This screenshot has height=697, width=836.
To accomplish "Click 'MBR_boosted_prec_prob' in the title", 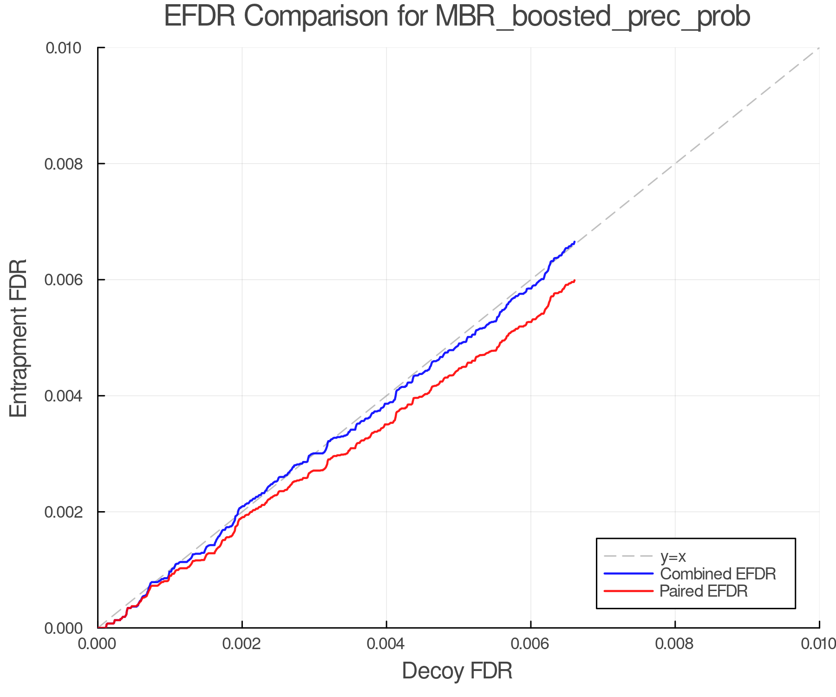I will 592,18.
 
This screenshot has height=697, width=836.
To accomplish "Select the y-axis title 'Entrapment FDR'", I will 19,338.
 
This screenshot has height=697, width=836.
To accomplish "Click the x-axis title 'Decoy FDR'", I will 457,671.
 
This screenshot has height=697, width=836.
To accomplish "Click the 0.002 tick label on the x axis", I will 242,644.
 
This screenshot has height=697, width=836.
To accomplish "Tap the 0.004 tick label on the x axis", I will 386,644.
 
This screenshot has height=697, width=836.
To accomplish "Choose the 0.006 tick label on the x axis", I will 530,644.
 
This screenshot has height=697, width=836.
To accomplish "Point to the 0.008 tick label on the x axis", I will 675,644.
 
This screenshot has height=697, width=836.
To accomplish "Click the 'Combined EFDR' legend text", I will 718,574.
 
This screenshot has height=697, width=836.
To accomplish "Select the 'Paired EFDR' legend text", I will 704,591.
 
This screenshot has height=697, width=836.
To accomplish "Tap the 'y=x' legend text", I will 673,556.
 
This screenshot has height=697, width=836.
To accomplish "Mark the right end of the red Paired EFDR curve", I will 575,281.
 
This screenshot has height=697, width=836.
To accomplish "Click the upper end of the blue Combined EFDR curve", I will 575,242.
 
